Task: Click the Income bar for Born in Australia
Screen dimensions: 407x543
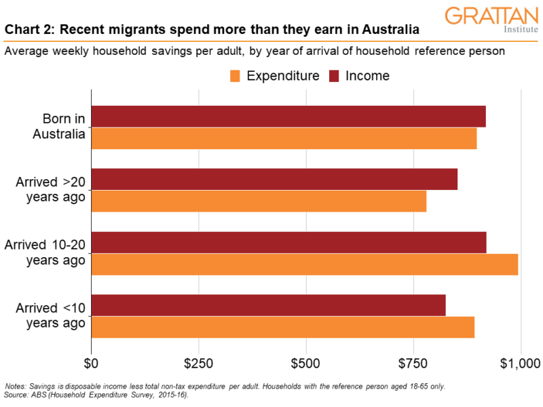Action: coord(288,117)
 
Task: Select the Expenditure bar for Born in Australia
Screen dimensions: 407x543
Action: coord(284,138)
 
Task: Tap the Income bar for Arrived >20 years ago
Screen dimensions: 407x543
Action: coord(274,179)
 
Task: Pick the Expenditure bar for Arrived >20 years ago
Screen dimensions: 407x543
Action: coord(259,201)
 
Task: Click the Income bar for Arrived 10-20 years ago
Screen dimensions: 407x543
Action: coord(288,242)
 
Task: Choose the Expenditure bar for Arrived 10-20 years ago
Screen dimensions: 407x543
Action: coord(304,264)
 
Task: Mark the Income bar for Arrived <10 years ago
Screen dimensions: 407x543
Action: coord(268,305)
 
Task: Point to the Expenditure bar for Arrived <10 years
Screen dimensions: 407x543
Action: coord(282,327)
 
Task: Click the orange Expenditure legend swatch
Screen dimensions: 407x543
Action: coord(236,75)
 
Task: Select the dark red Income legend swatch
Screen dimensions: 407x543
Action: coord(335,75)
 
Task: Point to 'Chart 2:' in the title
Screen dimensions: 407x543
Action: coord(29,31)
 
